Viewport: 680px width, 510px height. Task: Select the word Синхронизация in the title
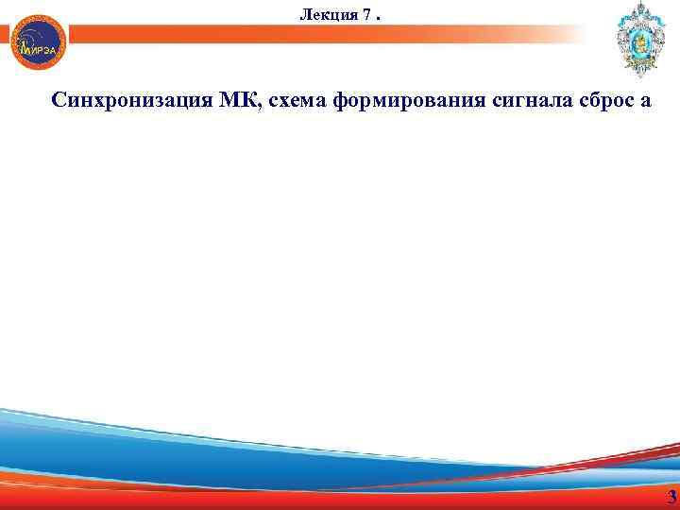pyautogui.click(x=117, y=101)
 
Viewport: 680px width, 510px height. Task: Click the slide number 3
pyautogui.click(x=671, y=498)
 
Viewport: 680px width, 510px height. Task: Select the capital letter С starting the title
pyautogui.click(x=59, y=101)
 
